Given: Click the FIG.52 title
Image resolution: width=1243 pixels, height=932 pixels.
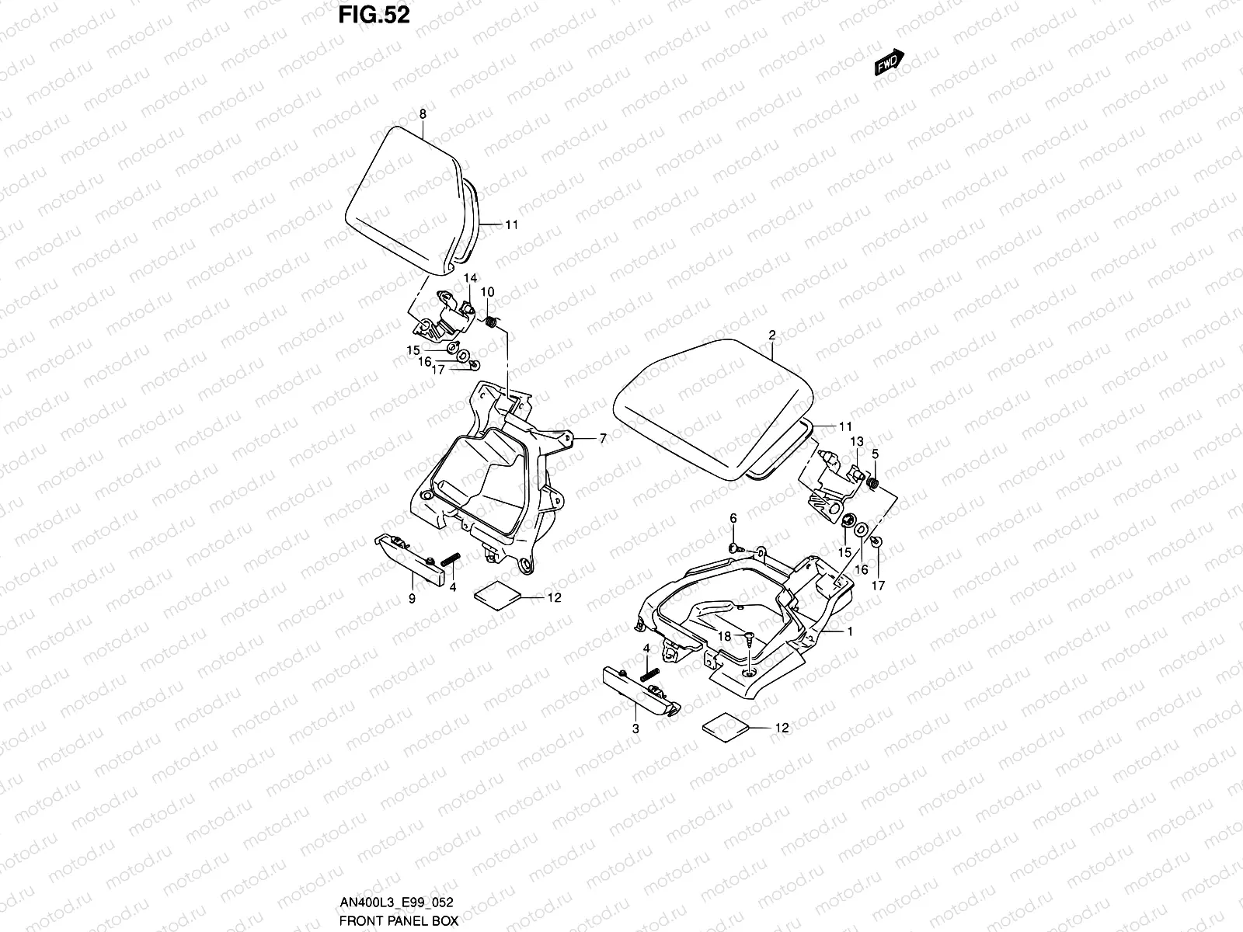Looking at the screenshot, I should [374, 16].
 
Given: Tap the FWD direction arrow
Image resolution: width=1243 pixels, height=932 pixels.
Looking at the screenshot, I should [890, 64].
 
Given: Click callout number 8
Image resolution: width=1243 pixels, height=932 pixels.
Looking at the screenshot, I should [423, 114].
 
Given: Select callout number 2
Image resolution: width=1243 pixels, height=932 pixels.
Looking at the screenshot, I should [772, 336].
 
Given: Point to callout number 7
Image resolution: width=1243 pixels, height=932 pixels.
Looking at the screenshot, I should [602, 439].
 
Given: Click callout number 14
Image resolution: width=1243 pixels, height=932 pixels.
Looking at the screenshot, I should [471, 277].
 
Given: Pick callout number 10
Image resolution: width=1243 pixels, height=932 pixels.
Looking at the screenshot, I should [488, 291].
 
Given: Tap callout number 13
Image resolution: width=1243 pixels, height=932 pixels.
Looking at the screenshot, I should [857, 441].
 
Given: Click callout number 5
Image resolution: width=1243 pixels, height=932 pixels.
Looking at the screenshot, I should [875, 453].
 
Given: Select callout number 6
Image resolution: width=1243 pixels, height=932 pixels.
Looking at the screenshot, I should [732, 518].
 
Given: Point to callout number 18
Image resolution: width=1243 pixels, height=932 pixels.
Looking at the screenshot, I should [724, 635].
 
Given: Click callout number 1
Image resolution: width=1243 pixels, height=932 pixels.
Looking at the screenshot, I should [850, 631].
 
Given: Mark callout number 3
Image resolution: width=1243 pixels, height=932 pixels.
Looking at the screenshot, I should [635, 729].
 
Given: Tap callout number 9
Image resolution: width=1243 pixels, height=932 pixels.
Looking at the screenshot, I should [412, 598].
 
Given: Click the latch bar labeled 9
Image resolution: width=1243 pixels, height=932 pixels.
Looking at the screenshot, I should [410, 558].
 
